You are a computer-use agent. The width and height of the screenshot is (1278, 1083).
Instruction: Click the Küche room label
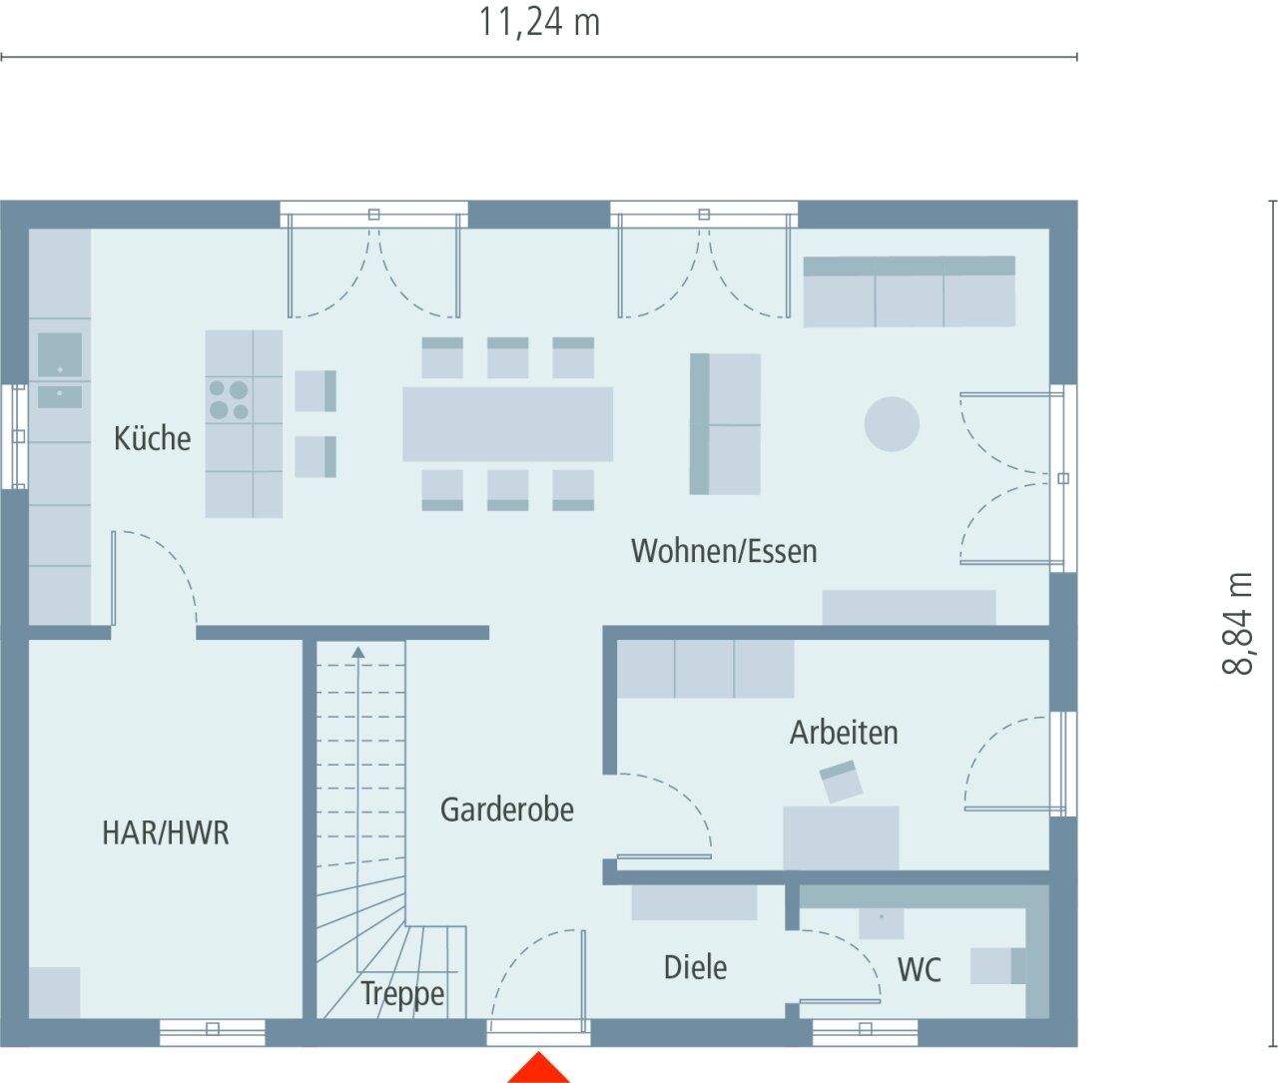pos(152,438)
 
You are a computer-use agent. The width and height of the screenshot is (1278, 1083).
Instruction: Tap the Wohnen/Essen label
pos(724,551)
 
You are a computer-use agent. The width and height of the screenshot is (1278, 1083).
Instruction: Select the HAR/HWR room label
pos(165,832)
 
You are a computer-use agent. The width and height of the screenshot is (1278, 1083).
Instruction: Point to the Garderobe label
pos(507,809)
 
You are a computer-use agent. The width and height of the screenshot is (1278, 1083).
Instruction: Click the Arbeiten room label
pos(844,733)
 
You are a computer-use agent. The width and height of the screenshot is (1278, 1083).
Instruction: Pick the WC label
pos(919,969)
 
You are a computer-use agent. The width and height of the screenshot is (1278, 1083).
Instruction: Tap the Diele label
pos(695,966)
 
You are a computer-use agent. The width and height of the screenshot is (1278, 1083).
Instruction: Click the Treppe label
pos(402,994)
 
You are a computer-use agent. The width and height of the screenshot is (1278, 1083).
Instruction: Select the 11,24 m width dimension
pos(539,22)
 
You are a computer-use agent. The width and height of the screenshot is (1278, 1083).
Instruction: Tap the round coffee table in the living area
pos(891,424)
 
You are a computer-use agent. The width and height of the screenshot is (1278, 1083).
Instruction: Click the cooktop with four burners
pos(229,399)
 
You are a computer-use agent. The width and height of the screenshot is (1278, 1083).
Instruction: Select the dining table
pos(507,424)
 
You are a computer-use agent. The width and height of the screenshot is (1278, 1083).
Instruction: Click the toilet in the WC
pos(997,966)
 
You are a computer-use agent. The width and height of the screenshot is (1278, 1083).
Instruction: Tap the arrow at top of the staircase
pos(358,653)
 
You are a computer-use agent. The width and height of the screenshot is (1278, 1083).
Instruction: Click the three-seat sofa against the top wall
pos(909,290)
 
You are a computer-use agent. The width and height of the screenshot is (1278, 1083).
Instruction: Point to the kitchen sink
pos(60,355)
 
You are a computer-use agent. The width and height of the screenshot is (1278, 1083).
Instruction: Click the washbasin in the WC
pos(882,922)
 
